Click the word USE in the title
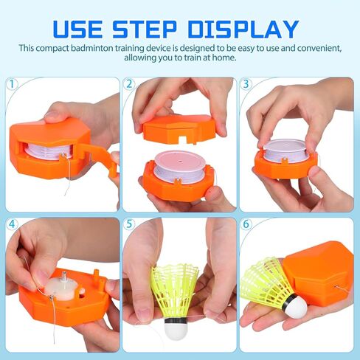77,29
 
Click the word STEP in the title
145,29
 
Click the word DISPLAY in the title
243,29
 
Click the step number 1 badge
12,84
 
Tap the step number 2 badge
129,84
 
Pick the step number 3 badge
246,84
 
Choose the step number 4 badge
12,224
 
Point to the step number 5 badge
129,224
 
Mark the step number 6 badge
246,224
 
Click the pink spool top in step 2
180,162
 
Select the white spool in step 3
286,150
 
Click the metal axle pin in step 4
64,278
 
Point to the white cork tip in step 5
176,328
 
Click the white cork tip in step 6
297,306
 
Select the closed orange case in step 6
319,273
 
